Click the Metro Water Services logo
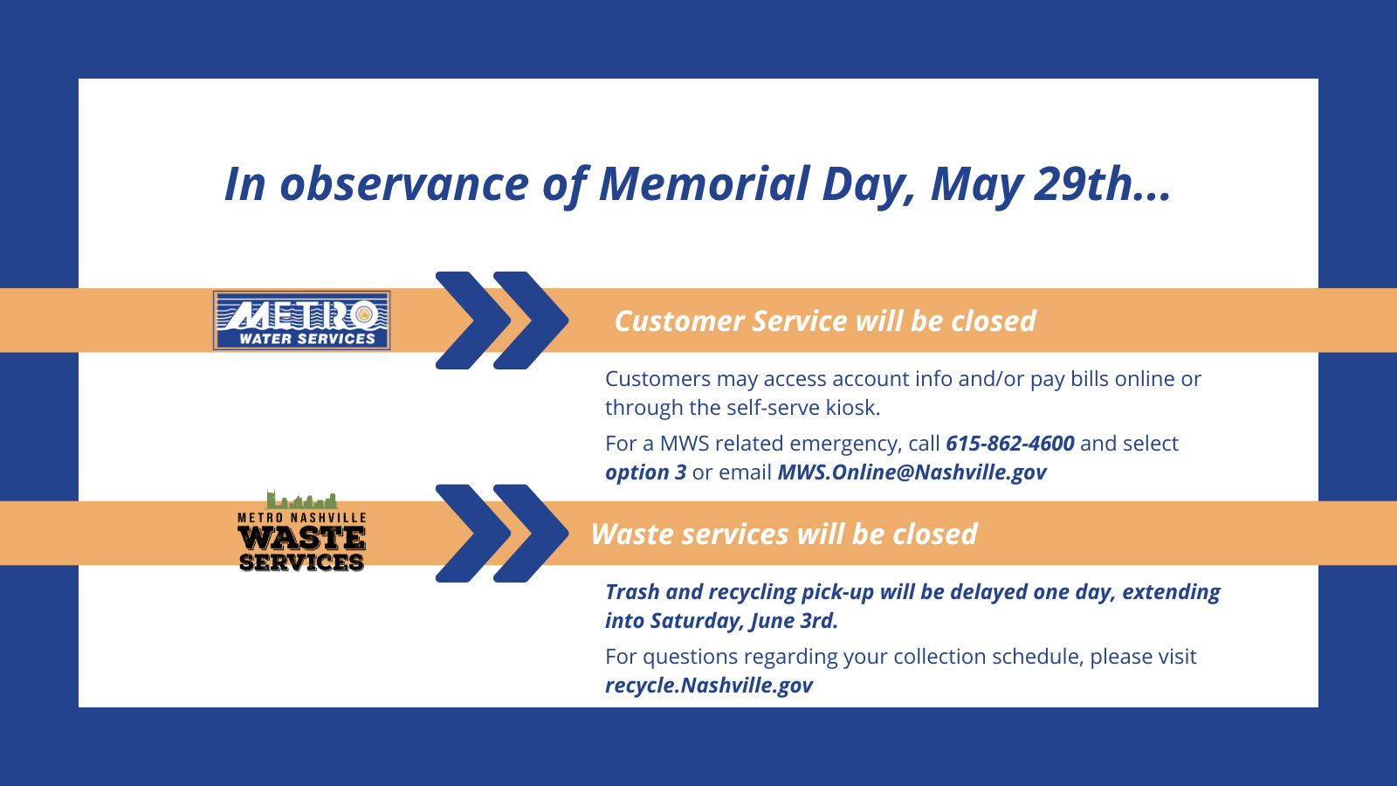coord(302,321)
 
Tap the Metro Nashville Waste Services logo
coord(301,533)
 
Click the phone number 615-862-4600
coord(1009,444)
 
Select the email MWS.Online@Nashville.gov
coord(912,472)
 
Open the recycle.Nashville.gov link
coord(708,686)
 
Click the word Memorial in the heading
coord(704,184)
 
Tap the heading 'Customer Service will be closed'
coord(824,321)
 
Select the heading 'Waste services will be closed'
coord(783,534)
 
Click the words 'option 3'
coord(645,472)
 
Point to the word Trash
coord(632,592)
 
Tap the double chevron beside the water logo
coord(501,321)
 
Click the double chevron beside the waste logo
coord(501,534)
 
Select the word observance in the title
coord(403,184)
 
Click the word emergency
coord(844,444)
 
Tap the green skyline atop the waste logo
coord(301,500)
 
